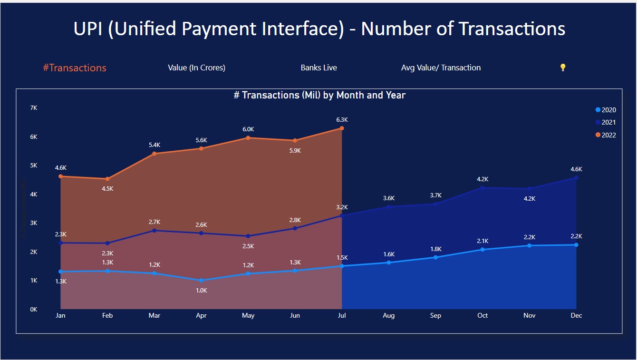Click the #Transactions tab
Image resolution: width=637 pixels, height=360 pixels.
[75, 68]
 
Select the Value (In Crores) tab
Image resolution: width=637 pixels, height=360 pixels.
[196, 68]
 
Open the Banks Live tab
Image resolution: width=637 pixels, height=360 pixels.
[318, 68]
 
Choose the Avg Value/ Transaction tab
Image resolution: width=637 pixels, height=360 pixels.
[441, 68]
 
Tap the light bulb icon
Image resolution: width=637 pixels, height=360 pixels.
[563, 68]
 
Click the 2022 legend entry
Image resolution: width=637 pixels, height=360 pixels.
[606, 135]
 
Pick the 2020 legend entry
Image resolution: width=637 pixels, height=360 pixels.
[606, 110]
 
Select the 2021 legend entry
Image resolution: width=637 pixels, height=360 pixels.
[606, 122]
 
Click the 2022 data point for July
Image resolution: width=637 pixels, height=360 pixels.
[342, 128]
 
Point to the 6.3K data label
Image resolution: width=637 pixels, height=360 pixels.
[342, 120]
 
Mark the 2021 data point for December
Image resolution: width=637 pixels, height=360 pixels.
[576, 178]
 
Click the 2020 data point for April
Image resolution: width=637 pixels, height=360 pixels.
[202, 281]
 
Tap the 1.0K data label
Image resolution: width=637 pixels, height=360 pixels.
[202, 290]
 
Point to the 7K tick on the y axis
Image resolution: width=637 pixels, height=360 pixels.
[33, 108]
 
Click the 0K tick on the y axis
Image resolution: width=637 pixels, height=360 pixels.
[33, 309]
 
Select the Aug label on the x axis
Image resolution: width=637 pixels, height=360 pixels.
[388, 316]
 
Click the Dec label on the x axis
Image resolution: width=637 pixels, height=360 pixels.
[576, 316]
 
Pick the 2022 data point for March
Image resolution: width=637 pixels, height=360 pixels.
[154, 154]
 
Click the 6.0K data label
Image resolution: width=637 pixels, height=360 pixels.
[248, 129]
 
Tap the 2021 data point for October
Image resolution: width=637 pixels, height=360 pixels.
[483, 188]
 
